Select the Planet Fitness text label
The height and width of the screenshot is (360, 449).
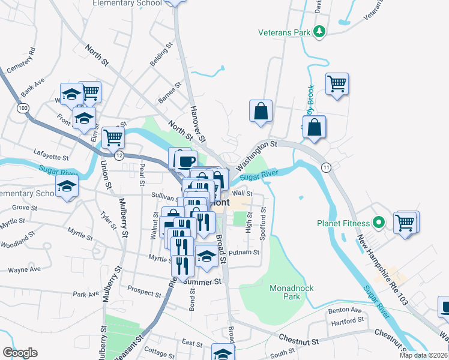[x=344, y=224]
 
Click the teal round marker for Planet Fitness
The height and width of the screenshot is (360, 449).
[x=378, y=224]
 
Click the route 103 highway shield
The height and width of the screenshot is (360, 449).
[x=23, y=108]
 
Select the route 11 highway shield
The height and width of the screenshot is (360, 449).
[x=325, y=166]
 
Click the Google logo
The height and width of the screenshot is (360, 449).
[x=20, y=353]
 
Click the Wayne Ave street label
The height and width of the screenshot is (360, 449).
[x=25, y=269]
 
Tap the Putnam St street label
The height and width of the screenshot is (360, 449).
[x=244, y=253]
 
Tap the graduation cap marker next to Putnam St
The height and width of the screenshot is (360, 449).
[x=206, y=256]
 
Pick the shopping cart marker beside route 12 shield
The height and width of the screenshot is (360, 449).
[x=113, y=137]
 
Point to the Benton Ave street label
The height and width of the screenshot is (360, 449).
[x=345, y=310]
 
